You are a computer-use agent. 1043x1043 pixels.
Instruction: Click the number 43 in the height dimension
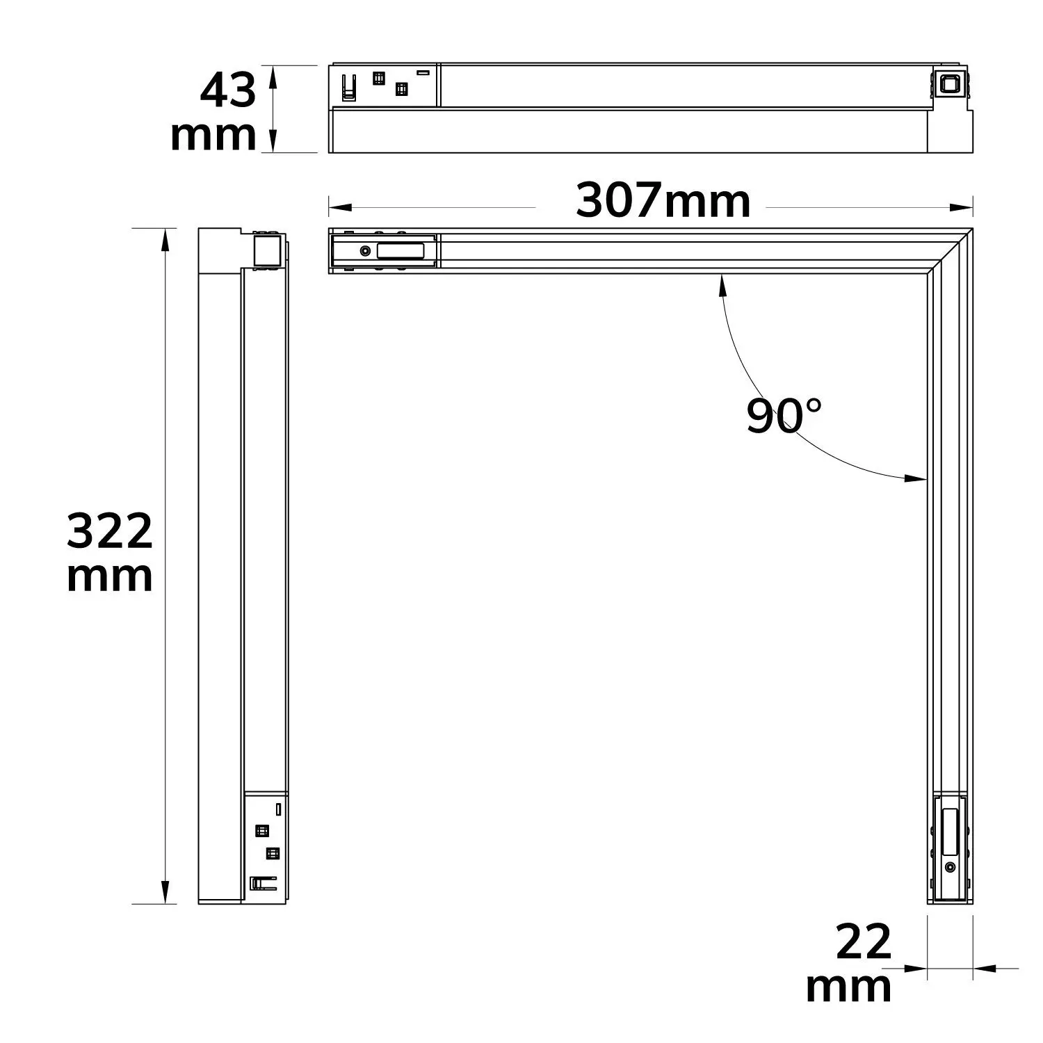pos(227,91)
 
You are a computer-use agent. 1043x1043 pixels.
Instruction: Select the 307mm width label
pos(663,202)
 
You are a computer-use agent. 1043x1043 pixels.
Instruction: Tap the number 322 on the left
pos(109,531)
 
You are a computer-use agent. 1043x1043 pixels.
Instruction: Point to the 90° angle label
pos(784,416)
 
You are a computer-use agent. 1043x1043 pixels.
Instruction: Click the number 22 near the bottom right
pos(863,944)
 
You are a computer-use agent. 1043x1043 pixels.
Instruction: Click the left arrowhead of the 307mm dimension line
pos(338,207)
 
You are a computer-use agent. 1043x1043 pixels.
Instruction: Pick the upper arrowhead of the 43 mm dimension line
pos(273,75)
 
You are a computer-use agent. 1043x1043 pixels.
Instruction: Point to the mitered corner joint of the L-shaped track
pos(950,251)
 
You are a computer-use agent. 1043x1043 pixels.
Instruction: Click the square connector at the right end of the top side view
pos(947,84)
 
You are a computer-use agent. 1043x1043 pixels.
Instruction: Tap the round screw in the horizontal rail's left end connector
pos(364,250)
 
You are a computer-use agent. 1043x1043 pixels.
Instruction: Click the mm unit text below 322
pos(109,577)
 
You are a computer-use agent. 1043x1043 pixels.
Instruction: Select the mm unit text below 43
pos(213,136)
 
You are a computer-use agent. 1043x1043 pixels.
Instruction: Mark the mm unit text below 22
pos(848,987)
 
